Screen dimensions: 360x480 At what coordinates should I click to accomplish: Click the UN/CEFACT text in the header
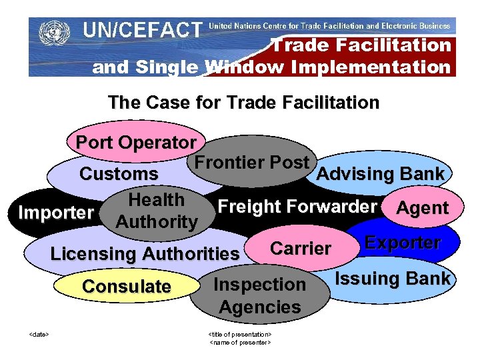pos(141,30)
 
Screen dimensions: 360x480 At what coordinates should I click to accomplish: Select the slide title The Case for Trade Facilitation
pos(243,103)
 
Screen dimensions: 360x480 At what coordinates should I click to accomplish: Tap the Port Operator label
pos(136,143)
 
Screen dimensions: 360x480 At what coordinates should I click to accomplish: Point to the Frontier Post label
pos(251,162)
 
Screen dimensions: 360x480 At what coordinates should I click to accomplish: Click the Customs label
pos(119,175)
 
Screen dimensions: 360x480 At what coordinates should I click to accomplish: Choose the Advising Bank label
pos(381,174)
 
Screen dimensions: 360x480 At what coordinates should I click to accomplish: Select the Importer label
pos(56,213)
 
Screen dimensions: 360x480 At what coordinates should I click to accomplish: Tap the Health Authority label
pos(157,211)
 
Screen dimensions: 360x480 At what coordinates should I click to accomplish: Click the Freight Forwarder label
pos(297,207)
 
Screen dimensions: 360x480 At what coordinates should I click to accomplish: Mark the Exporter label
pos(402,243)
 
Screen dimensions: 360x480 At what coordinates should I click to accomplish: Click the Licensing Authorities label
pos(145,254)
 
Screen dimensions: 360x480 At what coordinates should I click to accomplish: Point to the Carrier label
pos(301,249)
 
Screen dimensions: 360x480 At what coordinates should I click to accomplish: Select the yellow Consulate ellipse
pos(127,287)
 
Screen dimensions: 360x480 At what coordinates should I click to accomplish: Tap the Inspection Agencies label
pos(260,296)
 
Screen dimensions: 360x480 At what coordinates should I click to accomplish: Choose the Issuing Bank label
pos(392,279)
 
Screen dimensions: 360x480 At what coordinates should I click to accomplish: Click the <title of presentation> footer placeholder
pos(240,333)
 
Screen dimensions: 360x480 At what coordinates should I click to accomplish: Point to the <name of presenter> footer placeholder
pos(240,342)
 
